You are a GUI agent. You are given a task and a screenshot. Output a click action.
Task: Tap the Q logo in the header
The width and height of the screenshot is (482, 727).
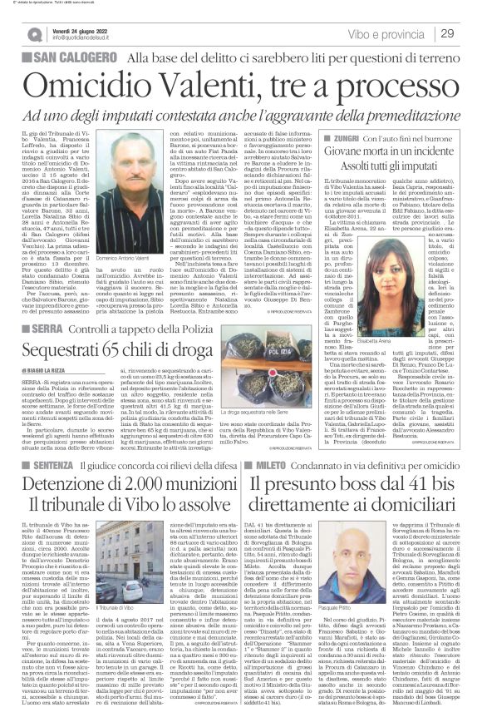(x=36, y=33)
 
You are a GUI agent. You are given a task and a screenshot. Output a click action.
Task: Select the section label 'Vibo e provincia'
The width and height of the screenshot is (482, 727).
(x=391, y=32)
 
